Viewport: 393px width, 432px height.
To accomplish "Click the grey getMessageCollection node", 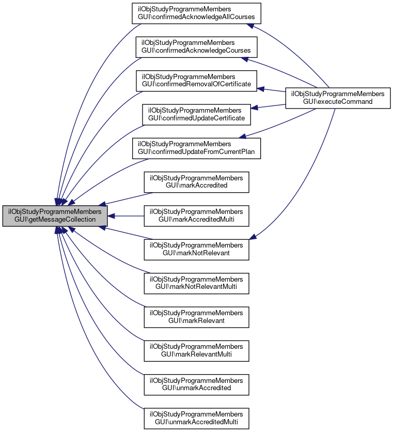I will point(55,216).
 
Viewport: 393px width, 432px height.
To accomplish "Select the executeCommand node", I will point(338,98).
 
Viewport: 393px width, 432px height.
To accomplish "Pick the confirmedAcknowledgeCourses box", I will point(196,47).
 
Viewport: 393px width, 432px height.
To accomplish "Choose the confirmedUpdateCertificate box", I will point(196,114).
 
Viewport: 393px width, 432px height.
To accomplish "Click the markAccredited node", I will point(196,181).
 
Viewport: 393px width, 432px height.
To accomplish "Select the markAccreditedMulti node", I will point(196,216).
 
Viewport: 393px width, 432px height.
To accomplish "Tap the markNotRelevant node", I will point(196,250).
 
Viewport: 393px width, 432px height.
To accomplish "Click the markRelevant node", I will point(196,317).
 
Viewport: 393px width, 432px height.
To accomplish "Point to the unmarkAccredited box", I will point(196,384).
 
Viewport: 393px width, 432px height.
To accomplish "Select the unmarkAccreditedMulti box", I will point(196,418).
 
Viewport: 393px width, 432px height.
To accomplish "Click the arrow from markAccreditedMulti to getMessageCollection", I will point(127,216).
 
